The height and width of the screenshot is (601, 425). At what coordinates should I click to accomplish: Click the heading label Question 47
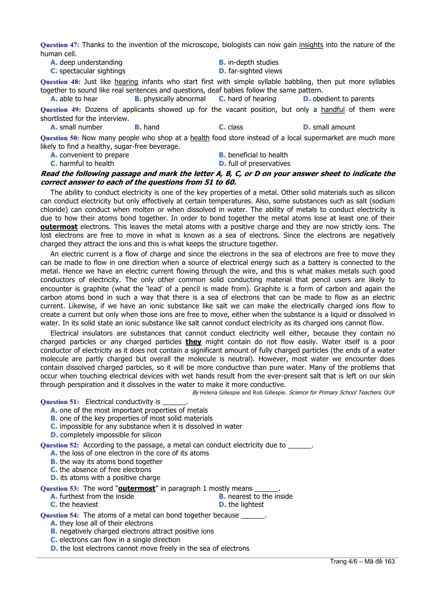pyautogui.click(x=59, y=45)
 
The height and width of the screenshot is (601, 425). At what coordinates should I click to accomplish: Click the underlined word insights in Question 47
pyautogui.click(x=311, y=45)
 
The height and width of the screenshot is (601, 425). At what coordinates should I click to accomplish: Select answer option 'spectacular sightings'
pyautogui.click(x=92, y=71)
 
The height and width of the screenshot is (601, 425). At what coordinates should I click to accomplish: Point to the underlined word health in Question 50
pyautogui.click(x=199, y=138)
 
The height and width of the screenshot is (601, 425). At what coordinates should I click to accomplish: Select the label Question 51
pyautogui.click(x=60, y=401)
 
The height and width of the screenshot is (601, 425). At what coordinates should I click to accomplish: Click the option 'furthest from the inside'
pyautogui.click(x=96, y=496)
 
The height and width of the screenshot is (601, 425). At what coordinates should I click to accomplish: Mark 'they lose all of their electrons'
pyautogui.click(x=106, y=523)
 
